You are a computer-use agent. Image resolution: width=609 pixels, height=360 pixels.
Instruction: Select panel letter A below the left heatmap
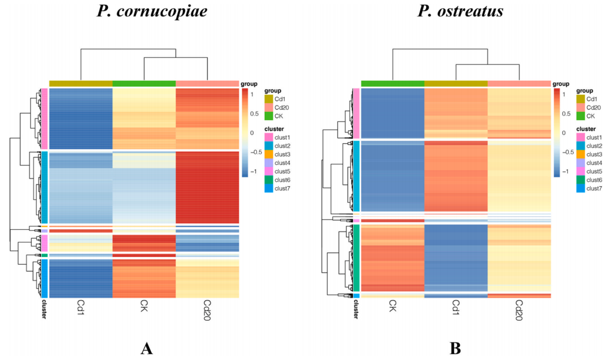click(147, 348)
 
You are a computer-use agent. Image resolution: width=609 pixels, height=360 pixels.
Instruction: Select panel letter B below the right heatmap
click(455, 348)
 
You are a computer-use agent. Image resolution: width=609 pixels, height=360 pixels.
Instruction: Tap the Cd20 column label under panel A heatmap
click(207, 311)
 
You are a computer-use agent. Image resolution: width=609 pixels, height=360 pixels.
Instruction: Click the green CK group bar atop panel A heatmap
click(144, 83)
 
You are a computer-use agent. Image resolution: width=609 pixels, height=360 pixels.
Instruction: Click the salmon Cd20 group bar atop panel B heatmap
click(519, 83)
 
